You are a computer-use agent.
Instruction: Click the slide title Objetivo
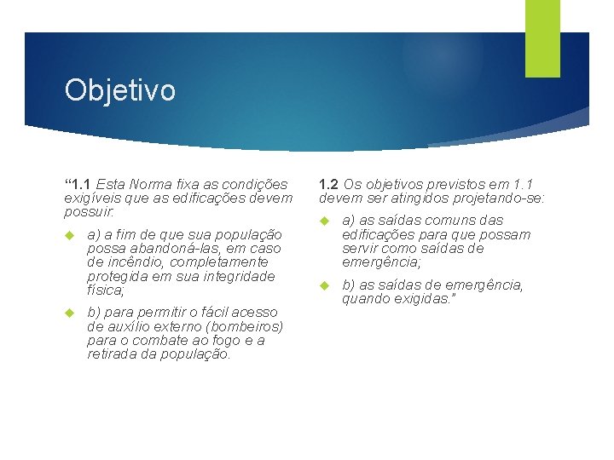click(x=119, y=89)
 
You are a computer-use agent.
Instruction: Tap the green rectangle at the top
click(x=542, y=37)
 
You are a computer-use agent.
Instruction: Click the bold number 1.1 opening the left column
click(x=81, y=183)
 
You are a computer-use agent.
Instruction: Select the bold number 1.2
click(x=329, y=183)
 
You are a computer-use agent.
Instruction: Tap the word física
click(x=105, y=290)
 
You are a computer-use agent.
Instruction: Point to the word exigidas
click(x=423, y=298)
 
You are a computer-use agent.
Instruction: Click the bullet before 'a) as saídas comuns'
click(x=325, y=221)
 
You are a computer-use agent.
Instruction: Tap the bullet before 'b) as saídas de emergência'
click(x=325, y=285)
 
